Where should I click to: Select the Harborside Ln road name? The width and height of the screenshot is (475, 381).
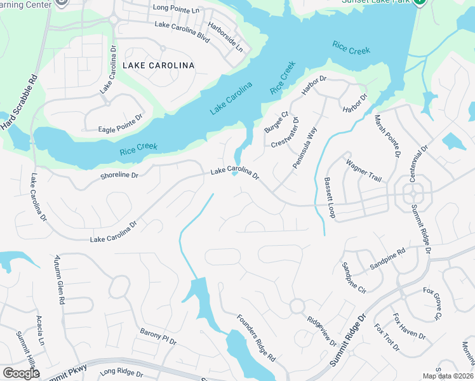coord(229,39)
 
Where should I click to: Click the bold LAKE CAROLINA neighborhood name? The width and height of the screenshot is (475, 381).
coord(158,65)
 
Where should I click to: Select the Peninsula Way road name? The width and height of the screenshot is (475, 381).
coord(304,150)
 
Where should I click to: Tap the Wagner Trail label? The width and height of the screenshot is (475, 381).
coord(363,171)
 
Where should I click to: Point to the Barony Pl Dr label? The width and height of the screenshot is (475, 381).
coord(158,337)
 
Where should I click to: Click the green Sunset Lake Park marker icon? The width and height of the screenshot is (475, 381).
coord(419,3)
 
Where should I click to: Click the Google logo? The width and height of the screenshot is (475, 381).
coord(21,373)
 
